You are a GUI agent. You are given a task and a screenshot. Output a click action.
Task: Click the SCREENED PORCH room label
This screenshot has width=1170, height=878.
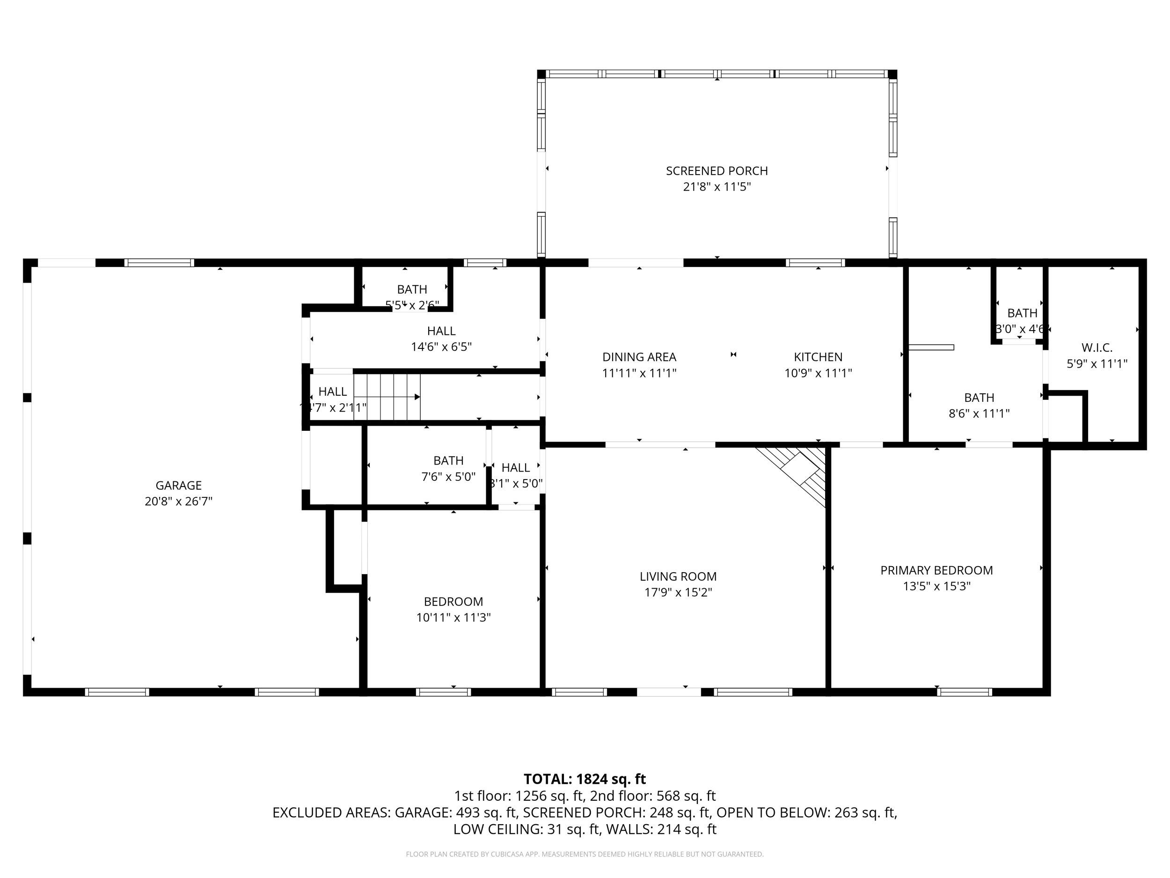716,171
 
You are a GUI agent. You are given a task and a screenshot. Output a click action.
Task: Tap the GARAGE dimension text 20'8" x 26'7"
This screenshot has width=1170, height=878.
178,501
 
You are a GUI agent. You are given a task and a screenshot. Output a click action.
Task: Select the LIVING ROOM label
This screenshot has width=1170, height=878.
678,576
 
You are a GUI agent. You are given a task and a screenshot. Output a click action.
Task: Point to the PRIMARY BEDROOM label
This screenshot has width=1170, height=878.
936,570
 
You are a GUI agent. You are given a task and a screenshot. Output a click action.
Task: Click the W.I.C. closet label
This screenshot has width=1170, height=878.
1097,348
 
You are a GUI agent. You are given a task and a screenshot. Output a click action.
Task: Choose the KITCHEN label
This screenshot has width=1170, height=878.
818,357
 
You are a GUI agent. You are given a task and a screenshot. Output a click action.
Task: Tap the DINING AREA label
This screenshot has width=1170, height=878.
639,357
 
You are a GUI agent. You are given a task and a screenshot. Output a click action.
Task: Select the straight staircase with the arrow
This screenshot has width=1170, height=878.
387,397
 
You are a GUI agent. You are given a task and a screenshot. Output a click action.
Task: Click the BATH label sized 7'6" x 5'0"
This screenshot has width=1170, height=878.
448,460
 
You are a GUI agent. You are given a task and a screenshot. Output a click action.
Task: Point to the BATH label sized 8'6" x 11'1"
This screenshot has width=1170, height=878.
979,398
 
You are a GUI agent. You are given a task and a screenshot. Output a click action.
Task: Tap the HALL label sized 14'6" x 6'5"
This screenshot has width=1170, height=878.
441,331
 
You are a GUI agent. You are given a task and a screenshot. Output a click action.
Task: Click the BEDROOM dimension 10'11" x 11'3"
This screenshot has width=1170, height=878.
453,617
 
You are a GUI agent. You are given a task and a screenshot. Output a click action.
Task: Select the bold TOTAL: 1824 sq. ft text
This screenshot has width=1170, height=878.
585,779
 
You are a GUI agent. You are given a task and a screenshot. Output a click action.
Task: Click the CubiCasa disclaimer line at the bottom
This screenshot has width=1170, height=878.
585,854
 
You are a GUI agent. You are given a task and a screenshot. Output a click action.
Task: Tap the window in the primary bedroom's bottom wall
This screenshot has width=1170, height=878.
964,692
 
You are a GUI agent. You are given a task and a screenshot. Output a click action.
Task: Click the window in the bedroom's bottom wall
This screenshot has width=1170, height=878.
443,692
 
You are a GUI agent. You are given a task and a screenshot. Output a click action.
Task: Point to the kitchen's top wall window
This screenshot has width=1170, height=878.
815,263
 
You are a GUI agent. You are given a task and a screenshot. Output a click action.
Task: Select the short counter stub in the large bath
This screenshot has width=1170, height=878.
931,347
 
